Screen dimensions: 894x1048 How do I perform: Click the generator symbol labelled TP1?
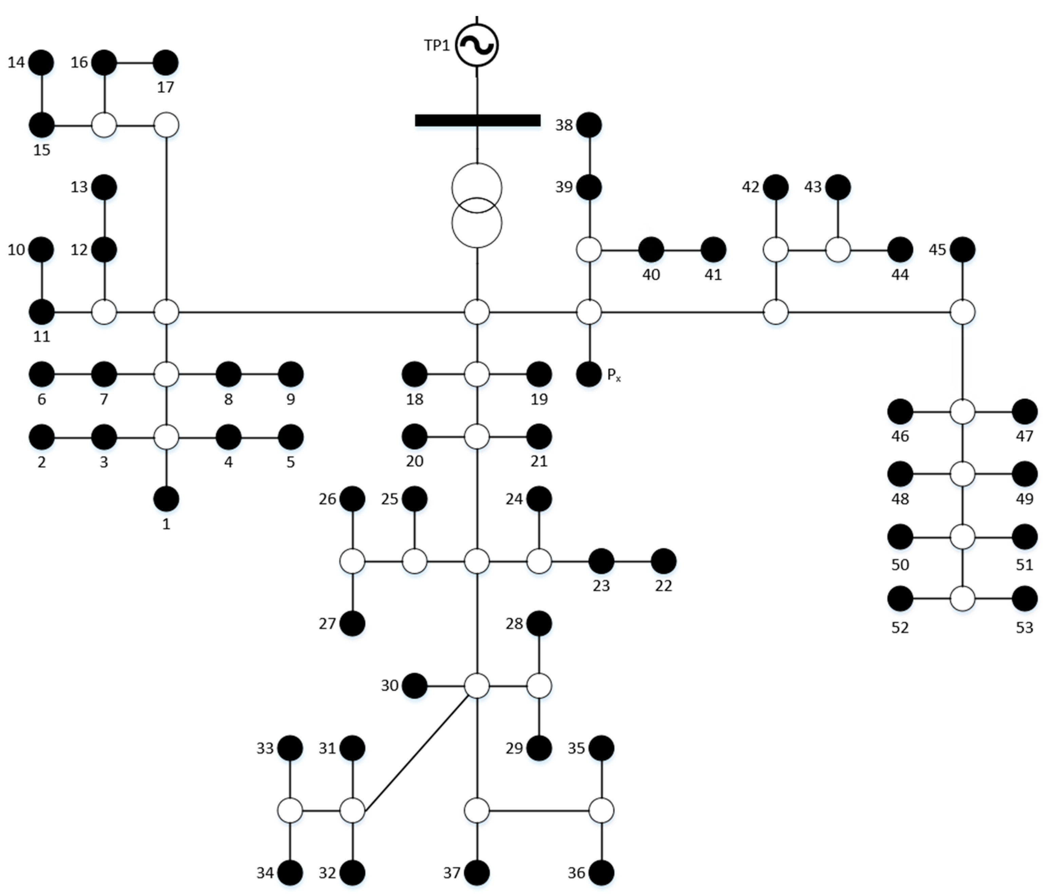[477, 45]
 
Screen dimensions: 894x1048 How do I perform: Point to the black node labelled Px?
[589, 375]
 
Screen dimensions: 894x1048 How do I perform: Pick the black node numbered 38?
[589, 125]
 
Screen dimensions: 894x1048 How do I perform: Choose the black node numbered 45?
[962, 250]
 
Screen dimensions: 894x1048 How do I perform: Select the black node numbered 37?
[477, 873]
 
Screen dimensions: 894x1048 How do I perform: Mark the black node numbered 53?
[1025, 599]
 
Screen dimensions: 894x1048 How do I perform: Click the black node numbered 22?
[663, 561]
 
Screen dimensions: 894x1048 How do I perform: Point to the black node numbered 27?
[353, 623]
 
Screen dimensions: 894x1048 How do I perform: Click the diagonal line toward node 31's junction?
[416, 754]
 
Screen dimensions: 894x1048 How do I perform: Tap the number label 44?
[900, 275]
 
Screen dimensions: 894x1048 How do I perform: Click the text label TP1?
[436, 45]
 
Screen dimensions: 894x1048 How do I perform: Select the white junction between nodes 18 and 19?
[477, 375]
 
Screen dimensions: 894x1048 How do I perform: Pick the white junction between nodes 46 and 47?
[962, 412]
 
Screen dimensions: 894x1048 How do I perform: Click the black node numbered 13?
[104, 187]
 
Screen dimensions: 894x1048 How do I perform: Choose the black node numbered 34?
[290, 873]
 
